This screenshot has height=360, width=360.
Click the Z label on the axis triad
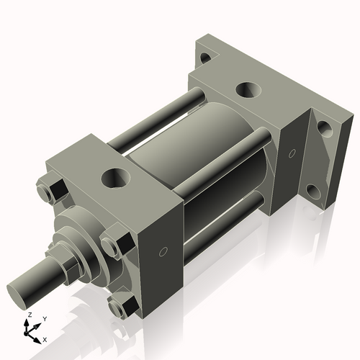tap(28, 315)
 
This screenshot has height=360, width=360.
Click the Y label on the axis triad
tap(44, 318)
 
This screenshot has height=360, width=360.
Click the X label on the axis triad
tap(45, 338)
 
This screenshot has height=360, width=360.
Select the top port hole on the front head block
tap(114, 175)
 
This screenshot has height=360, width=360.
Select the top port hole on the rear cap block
tap(247, 90)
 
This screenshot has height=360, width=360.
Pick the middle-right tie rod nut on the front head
tap(114, 245)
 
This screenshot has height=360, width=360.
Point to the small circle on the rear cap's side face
tap(292, 155)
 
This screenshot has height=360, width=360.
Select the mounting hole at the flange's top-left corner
tap(205, 57)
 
